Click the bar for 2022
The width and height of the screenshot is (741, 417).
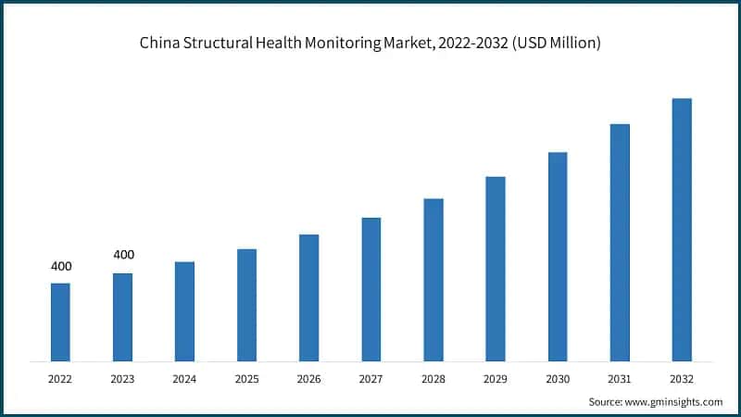[60, 322]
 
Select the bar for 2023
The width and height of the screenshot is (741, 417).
[122, 317]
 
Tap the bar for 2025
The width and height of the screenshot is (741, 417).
[246, 305]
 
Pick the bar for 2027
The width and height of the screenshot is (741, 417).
[370, 289]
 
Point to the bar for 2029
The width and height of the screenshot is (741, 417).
[496, 269]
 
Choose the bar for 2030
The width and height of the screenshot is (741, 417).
[558, 257]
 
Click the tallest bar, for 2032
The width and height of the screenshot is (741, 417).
[682, 230]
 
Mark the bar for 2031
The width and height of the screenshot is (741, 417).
[620, 243]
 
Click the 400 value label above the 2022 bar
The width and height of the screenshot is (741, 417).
[61, 267]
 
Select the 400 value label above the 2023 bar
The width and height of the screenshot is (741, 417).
[123, 255]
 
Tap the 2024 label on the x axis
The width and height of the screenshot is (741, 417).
[184, 379]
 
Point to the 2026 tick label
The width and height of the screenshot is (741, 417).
[308, 379]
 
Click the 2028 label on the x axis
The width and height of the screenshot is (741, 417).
[433, 379]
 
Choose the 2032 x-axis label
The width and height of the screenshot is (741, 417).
[682, 379]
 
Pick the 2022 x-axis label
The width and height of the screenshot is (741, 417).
[60, 379]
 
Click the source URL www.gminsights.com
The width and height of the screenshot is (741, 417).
[674, 401]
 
